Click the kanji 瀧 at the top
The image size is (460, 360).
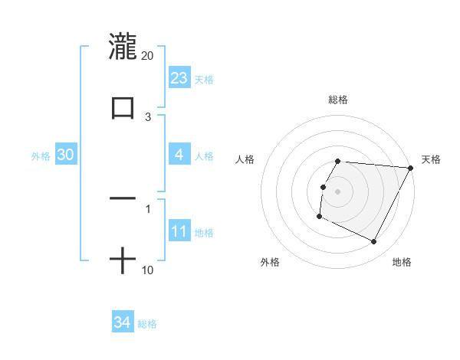(x=123, y=46)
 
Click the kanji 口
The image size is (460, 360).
(x=123, y=106)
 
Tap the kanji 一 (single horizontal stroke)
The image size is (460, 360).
(x=123, y=198)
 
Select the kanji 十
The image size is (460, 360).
(x=123, y=261)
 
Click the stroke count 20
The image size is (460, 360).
(x=147, y=56)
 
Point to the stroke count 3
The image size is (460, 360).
(x=148, y=117)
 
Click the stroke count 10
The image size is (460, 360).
(x=147, y=270)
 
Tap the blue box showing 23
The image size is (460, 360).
(x=179, y=78)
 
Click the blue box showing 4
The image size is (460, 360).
(x=179, y=155)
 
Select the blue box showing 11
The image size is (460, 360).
(x=179, y=231)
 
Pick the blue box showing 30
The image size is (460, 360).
(x=66, y=155)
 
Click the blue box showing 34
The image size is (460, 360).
(x=123, y=322)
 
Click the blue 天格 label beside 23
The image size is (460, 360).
(x=204, y=80)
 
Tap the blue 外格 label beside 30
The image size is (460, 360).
(x=41, y=156)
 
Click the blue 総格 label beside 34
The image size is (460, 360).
(x=147, y=324)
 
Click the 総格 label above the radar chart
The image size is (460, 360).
(x=338, y=100)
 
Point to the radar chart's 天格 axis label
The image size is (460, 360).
(x=432, y=159)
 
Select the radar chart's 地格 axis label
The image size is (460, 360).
(x=402, y=263)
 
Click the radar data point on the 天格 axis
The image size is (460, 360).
(x=411, y=168)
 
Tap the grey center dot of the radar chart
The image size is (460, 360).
(x=338, y=191)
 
